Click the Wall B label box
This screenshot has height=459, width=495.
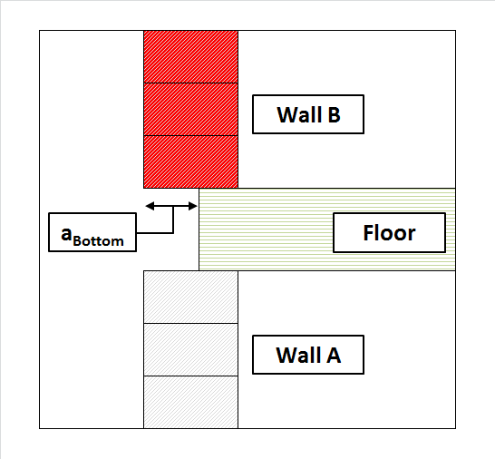[308, 114]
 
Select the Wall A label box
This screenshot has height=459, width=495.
[308, 355]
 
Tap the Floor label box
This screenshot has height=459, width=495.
[389, 233]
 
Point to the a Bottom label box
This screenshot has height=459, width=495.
[92, 232]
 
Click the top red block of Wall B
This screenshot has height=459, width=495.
[190, 57]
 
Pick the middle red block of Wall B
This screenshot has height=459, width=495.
[190, 109]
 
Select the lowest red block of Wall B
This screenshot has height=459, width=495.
[190, 161]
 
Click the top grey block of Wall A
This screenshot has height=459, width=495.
[190, 297]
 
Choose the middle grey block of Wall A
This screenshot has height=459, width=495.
[190, 350]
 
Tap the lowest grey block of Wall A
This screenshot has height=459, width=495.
[190, 402]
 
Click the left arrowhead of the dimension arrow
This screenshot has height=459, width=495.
[150, 206]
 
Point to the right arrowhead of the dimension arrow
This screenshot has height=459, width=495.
[193, 206]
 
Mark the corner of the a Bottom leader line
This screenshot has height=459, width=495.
[173, 233]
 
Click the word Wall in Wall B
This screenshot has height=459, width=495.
[298, 114]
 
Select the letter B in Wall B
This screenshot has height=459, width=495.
[334, 114]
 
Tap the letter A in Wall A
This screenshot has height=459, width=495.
[334, 355]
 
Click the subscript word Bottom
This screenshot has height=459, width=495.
[98, 241]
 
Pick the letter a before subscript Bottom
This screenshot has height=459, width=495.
[66, 234]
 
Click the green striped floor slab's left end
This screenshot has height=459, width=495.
[199, 229]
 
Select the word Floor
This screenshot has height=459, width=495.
[389, 233]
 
